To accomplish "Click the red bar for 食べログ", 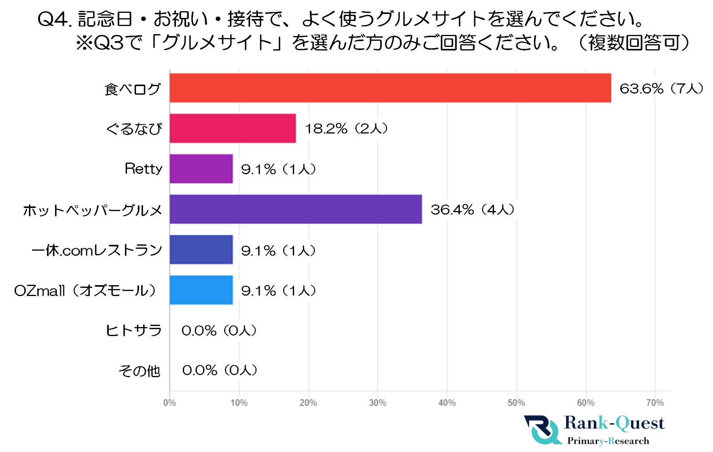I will coord(390,88).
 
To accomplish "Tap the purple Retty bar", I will coord(201,169).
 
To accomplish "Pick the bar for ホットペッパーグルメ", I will coord(295,209).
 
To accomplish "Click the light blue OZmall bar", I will coord(201,290).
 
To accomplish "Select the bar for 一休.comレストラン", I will coord(201,249).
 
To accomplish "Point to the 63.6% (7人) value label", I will coord(661,88).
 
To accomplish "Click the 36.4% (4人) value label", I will coord(472,210).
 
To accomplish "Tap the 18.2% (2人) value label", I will coord(346,128).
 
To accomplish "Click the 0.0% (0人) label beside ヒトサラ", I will coord(219,331).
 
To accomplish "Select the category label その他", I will coord(139,371).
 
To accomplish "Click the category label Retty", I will coord(143,169).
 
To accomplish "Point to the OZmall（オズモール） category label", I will coord(85,291).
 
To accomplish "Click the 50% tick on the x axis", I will coord(516,403).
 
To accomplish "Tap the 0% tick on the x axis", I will coord(170,403).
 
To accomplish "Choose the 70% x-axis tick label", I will coord(655,403).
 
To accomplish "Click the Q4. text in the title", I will coord(54,19).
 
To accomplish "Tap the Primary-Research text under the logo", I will coord(608,441).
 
